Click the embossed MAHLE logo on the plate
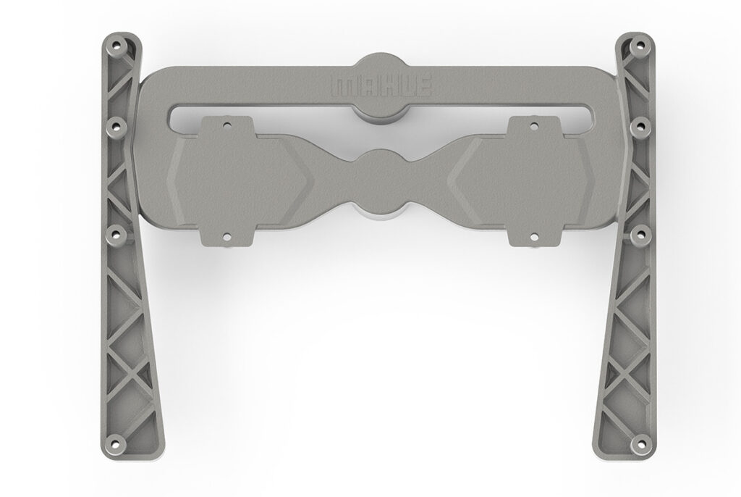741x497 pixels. tap(381, 85)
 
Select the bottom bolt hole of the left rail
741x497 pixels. tap(115, 443)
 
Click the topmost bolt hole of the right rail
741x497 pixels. tap(640, 46)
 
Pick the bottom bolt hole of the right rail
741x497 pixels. tap(642, 443)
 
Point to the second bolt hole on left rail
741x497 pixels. tap(115, 127)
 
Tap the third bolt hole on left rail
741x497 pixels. tap(115, 233)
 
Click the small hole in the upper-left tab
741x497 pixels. tap(227, 126)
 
